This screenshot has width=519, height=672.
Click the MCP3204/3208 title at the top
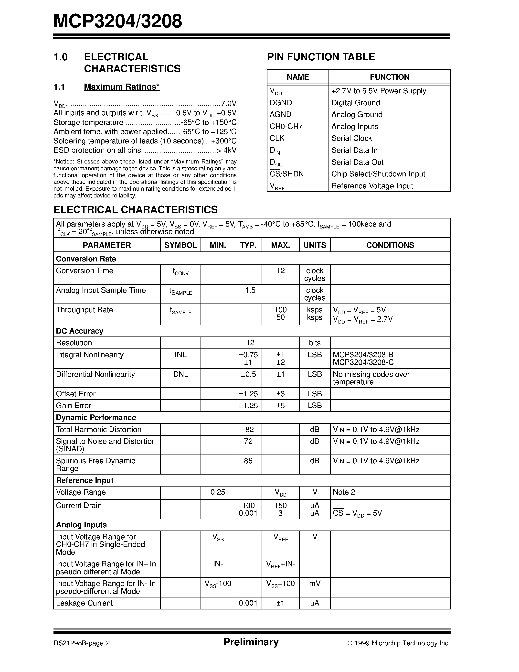tap(117, 21)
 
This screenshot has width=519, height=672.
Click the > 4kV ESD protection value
tap(227, 151)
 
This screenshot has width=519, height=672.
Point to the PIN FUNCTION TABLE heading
tap(321, 57)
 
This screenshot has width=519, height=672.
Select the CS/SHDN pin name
tap(286, 174)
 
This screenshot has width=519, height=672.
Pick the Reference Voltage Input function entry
tap(372, 186)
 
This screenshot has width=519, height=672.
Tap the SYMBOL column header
tap(180, 245)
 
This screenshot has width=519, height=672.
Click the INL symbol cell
tap(180, 355)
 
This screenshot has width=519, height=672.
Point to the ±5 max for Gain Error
tap(280, 406)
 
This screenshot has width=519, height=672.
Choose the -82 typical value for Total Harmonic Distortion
tap(248, 430)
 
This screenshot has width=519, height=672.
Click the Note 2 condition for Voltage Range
tap(344, 492)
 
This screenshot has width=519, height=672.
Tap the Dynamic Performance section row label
tap(96, 418)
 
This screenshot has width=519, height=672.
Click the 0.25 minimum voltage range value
tap(218, 492)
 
